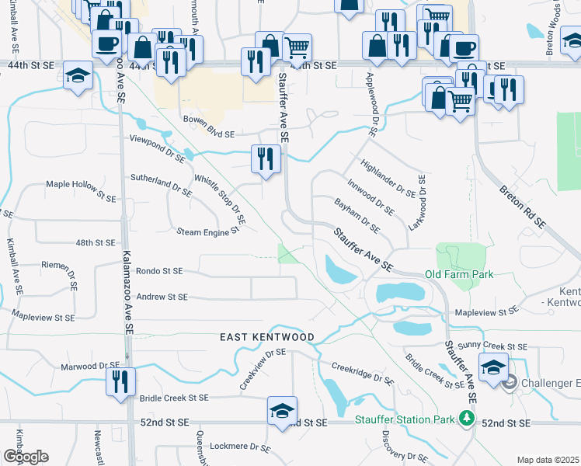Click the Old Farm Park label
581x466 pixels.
tap(459, 274)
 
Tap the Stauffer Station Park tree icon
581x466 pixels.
tap(467, 419)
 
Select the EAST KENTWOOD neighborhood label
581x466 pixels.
tap(266, 337)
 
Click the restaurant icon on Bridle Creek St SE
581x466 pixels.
tap(121, 381)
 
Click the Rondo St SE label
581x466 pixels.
tap(158, 271)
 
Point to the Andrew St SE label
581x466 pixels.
tap(162, 297)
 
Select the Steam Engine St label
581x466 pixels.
tap(207, 231)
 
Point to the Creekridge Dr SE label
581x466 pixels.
tap(363, 373)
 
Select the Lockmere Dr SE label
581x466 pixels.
tap(240, 448)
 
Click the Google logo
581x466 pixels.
tap(26, 457)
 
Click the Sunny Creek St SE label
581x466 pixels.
tap(492, 346)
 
